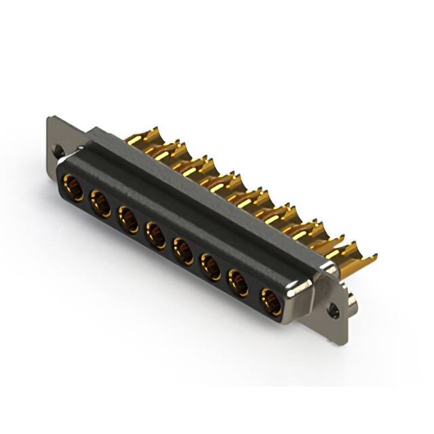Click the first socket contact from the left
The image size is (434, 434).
[73, 187]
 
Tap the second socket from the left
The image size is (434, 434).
[100, 203]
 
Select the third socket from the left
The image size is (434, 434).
[127, 219]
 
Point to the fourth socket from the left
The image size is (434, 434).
[155, 235]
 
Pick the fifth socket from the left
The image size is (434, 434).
[183, 251]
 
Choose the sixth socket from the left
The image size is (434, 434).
[211, 267]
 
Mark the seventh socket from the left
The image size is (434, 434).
[238, 283]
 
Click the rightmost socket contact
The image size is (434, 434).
[271, 302]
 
